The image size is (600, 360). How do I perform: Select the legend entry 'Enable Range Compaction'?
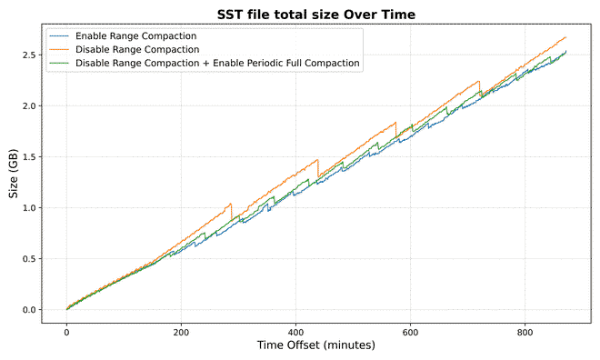point(136,35)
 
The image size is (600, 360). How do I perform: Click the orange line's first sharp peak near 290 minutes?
point(231,204)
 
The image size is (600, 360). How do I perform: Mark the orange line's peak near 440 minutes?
point(317,160)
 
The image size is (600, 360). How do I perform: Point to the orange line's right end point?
point(565,37)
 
